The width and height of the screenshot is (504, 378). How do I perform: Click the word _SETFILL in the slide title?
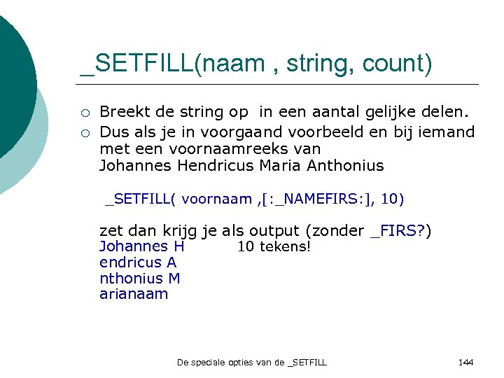[136, 64]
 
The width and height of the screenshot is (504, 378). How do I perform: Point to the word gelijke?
[388, 113]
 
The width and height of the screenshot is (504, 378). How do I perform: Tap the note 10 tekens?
[274, 246]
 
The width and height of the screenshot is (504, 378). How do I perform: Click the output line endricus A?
[138, 262]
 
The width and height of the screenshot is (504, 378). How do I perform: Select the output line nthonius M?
[140, 278]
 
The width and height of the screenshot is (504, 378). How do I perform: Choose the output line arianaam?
[134, 294]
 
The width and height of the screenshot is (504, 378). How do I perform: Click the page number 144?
[465, 362]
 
